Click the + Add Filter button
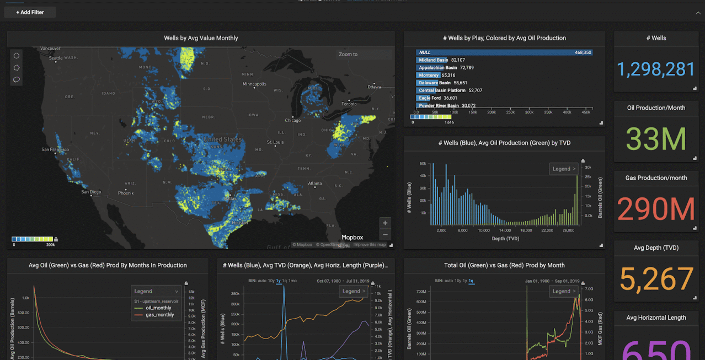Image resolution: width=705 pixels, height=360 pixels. pos(30,12)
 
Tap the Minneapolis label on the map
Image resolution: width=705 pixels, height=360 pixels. pos(254,84)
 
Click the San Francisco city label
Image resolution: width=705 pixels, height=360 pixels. pos(55,150)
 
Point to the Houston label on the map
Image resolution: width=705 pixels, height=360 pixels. pos(238,222)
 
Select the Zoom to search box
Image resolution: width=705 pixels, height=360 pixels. pos(364,55)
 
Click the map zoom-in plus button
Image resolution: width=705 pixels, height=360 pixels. pos(385,223)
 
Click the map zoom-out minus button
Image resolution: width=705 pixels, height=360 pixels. pos(385,234)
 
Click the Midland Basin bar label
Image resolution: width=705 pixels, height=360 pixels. pos(434,60)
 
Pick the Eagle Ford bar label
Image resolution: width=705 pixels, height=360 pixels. pos(430,98)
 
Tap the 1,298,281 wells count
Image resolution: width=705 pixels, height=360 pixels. pos(655,69)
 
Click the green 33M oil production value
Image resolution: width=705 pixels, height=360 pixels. pos(656,139)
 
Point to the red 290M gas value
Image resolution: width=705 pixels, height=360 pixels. pos(656,209)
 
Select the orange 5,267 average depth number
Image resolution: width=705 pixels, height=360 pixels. pos(656,280)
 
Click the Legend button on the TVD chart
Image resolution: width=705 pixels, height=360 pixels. pos(563,169)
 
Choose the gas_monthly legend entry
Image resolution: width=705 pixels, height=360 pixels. pos(159,315)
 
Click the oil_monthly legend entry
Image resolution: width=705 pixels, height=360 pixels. pos(159,308)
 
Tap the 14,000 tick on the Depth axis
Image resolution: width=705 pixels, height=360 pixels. pos(505,230)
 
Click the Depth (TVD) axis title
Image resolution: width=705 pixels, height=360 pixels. pos(504,239)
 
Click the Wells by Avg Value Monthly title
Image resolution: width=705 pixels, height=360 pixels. pos(201,38)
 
